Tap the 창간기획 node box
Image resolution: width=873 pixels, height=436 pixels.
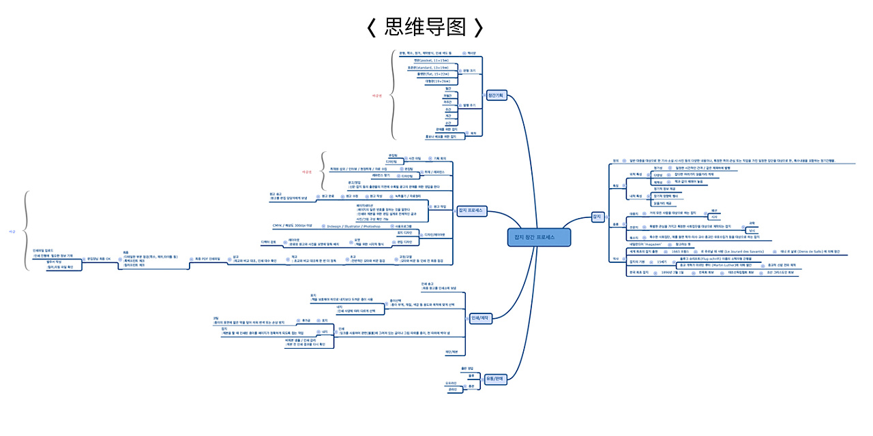pos(496,95)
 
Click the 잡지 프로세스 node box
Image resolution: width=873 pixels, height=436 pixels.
pos(470,211)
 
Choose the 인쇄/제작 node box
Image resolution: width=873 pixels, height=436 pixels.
pos(480,317)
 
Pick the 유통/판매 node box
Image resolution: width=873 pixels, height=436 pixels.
pos(495,379)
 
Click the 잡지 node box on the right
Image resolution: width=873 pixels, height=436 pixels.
pos(597,217)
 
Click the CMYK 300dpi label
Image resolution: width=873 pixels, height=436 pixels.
pos(292,225)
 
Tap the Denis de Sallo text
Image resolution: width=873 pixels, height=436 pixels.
pos(818,251)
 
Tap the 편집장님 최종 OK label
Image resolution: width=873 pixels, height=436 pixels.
pos(98,259)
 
